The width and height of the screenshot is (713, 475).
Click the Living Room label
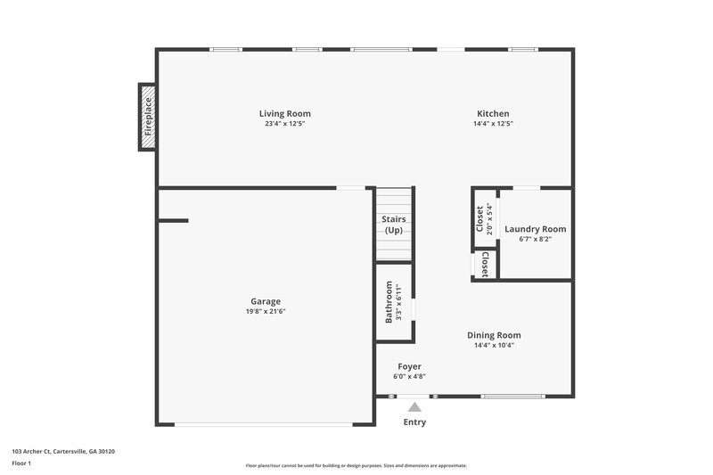pyautogui.click(x=284, y=113)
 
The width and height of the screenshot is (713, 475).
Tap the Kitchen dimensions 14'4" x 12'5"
pyautogui.click(x=493, y=124)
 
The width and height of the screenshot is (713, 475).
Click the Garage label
pyautogui.click(x=266, y=301)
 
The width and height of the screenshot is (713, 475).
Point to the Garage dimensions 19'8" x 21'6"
pyautogui.click(x=266, y=311)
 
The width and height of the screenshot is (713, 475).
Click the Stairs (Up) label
pyautogui.click(x=394, y=225)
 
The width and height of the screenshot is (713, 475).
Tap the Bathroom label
pyautogui.click(x=389, y=303)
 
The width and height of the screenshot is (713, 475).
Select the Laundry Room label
pyautogui.click(x=535, y=229)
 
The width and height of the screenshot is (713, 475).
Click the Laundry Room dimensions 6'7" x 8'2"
pyautogui.click(x=535, y=239)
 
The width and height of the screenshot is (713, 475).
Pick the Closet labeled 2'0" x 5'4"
pyautogui.click(x=484, y=218)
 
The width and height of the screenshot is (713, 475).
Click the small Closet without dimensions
pyautogui.click(x=484, y=265)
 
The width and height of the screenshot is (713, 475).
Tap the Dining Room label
pyautogui.click(x=493, y=335)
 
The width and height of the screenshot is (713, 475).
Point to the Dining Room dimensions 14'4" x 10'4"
pyautogui.click(x=493, y=345)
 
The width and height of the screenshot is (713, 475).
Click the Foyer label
pyautogui.click(x=409, y=366)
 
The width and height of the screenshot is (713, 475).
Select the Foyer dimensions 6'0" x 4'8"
pyautogui.click(x=409, y=376)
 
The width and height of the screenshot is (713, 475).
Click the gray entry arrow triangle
pyautogui.click(x=414, y=406)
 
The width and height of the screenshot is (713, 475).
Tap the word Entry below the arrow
pyautogui.click(x=414, y=422)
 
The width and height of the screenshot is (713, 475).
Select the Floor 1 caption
pyautogui.click(x=21, y=463)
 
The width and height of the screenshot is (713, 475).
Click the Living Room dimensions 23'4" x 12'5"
pyautogui.click(x=284, y=124)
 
